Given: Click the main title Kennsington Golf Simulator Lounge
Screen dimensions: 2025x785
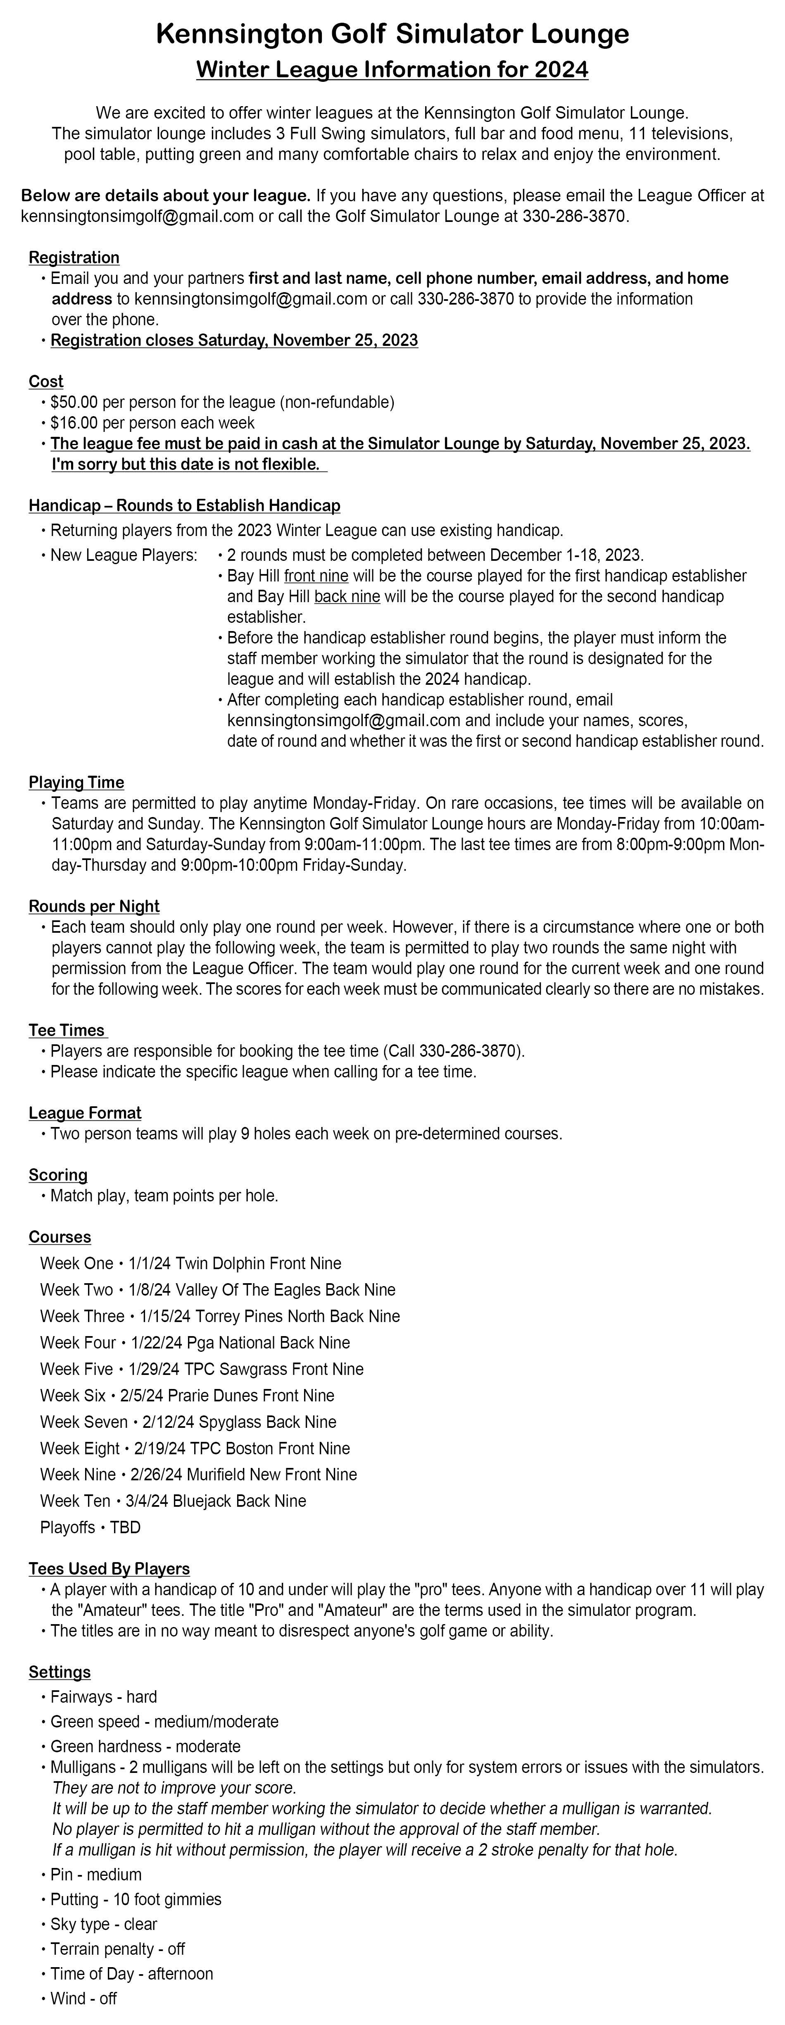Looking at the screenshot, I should tap(392, 34).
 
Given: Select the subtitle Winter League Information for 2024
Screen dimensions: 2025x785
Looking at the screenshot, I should tap(392, 70).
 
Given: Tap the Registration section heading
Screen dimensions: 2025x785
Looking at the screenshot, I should tap(74, 258).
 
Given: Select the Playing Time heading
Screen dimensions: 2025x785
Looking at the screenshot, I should tap(76, 782).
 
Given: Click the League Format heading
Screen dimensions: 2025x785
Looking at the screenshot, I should tap(85, 1113).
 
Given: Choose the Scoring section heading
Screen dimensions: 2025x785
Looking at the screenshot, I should tap(58, 1175).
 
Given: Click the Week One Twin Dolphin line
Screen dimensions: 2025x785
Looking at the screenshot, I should tap(191, 1263).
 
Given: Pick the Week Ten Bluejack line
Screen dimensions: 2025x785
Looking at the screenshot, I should tap(173, 1501).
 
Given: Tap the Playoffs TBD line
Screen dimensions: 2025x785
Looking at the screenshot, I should tap(90, 1527).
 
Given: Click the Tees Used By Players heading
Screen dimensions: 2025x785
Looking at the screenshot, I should tap(109, 1569).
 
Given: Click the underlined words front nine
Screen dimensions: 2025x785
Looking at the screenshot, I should tap(316, 576).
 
